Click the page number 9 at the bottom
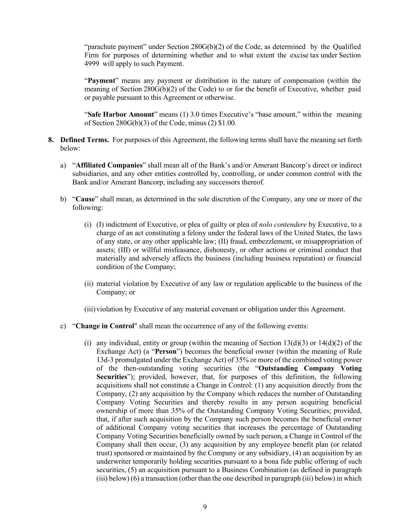(205, 507)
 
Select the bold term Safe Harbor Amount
(121, 115)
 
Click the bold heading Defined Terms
(85, 140)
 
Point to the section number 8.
(51, 140)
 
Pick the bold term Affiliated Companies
(109, 165)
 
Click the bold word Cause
(85, 199)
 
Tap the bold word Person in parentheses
(166, 351)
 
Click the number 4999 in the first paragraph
(92, 64)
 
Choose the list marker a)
(63, 165)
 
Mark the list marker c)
(63, 326)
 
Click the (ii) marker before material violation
(89, 284)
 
